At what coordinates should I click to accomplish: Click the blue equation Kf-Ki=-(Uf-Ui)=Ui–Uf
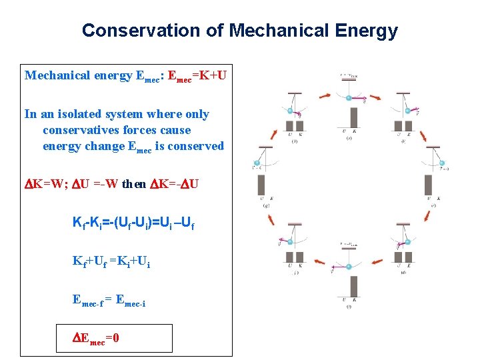(133, 221)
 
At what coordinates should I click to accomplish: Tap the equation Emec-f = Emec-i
(109, 301)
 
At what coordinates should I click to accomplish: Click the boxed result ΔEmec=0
(96, 338)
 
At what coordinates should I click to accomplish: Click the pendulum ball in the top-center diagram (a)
(349, 98)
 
